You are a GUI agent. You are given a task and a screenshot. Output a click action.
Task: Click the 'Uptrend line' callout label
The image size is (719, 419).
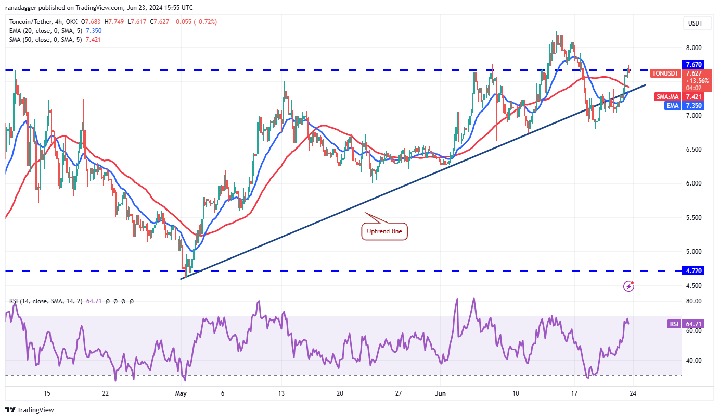[384, 231]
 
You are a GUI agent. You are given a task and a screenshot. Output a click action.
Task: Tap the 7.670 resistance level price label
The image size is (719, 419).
[695, 64]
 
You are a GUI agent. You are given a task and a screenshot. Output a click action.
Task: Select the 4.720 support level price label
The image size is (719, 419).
[695, 271]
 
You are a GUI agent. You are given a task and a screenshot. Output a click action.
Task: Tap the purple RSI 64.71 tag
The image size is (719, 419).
[674, 324]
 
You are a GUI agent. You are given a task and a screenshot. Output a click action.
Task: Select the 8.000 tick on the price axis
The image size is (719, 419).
[694, 48]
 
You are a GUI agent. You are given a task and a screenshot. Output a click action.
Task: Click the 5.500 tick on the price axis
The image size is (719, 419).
[694, 218]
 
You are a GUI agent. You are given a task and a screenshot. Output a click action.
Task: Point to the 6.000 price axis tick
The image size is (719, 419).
[694, 183]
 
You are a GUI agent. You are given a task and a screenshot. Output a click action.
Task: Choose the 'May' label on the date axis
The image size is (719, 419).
[181, 393]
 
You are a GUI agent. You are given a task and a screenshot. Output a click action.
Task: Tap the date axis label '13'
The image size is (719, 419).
[281, 393]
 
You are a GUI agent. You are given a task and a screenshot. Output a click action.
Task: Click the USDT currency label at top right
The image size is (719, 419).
[695, 23]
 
